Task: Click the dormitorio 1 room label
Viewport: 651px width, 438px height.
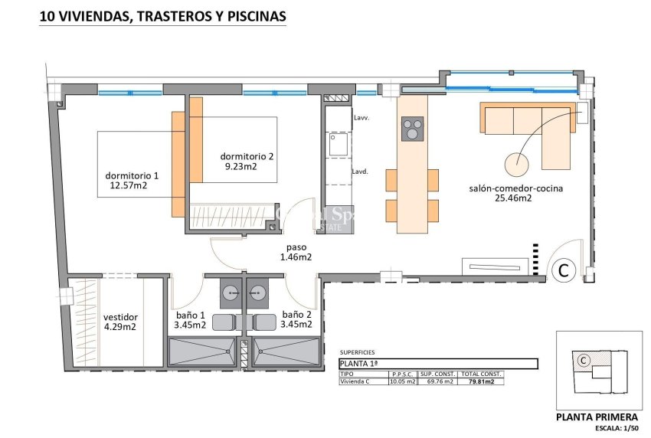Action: pos(132,174)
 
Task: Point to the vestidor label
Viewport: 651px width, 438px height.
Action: pos(120,317)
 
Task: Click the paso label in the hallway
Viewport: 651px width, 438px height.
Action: pos(296,247)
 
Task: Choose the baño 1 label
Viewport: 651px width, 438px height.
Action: pos(190,315)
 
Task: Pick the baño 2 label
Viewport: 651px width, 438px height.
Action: pos(296,315)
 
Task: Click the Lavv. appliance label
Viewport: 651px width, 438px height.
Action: pos(361,119)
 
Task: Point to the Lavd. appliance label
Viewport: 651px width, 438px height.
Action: pos(361,172)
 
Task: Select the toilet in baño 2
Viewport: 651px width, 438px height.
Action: pos(265,321)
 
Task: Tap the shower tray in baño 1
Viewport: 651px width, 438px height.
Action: pos(203,351)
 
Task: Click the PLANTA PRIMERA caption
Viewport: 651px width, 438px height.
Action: pos(595,417)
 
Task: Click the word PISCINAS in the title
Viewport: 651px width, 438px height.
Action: pos(251,15)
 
